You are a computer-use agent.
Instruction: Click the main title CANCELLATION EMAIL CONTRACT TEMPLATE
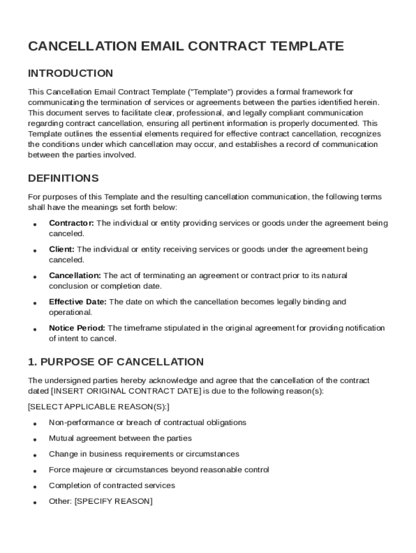click(186, 46)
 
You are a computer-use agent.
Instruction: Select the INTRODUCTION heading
click(70, 73)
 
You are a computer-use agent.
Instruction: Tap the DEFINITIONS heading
click(63, 178)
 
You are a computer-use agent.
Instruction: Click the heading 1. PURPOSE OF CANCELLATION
click(116, 362)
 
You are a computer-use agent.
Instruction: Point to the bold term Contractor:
click(71, 223)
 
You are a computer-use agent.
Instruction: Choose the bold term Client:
click(62, 249)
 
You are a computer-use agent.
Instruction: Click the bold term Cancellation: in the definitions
click(75, 275)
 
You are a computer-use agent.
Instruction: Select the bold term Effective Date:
click(78, 302)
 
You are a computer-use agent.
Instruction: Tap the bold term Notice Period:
click(78, 328)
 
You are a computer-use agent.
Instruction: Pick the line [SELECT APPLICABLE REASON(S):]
click(98, 407)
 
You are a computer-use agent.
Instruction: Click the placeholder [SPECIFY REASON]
click(113, 501)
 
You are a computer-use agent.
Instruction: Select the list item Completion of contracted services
click(112, 485)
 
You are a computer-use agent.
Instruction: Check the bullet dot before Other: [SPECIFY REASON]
click(35, 503)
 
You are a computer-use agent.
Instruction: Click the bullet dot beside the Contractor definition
click(35, 225)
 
